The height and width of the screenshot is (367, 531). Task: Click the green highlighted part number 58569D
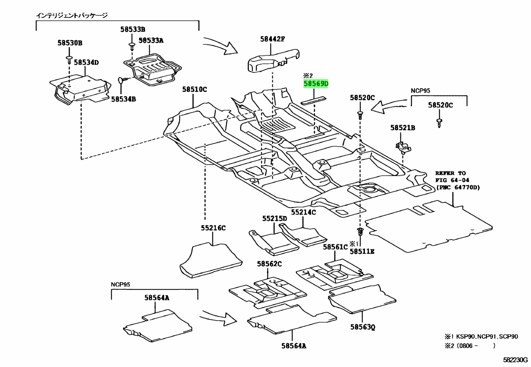click(316, 83)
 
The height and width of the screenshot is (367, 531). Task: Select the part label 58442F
click(273, 39)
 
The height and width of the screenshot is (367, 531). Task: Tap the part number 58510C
click(194, 89)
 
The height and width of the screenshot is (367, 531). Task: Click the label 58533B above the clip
click(132, 29)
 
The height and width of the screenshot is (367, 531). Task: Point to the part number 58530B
click(70, 43)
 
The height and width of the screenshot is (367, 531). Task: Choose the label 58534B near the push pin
click(123, 99)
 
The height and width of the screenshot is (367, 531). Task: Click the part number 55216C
click(213, 228)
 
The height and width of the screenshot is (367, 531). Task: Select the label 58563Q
click(363, 327)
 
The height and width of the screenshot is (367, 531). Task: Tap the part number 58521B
click(403, 128)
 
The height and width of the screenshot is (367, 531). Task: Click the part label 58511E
click(362, 251)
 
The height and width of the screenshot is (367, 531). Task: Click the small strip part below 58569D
click(314, 100)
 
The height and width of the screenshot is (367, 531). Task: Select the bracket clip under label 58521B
click(403, 148)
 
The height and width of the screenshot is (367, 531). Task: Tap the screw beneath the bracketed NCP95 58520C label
click(439, 123)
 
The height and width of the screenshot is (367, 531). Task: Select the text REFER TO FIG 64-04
click(452, 177)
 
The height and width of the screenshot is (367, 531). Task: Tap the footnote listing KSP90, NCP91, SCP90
click(481, 336)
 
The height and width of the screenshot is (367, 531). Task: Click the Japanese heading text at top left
click(72, 16)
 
